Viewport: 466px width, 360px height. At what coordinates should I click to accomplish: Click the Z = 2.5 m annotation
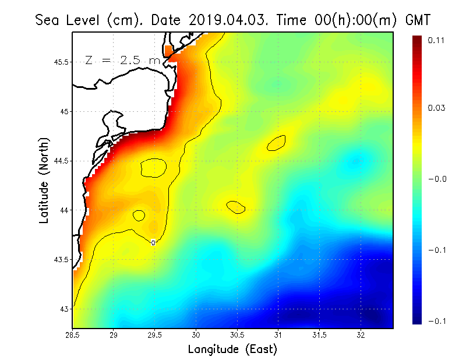click(122, 60)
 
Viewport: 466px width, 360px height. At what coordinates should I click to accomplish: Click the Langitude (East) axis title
click(232, 349)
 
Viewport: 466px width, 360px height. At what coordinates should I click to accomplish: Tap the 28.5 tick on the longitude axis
click(73, 334)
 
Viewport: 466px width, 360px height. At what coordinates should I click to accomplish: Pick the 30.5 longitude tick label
click(237, 334)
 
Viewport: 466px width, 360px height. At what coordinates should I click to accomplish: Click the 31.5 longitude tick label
click(319, 334)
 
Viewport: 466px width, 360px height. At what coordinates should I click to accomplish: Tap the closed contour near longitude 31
click(276, 143)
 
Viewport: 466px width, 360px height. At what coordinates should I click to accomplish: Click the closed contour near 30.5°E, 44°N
click(236, 207)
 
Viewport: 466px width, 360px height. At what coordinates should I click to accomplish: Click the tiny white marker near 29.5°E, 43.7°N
click(153, 242)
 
